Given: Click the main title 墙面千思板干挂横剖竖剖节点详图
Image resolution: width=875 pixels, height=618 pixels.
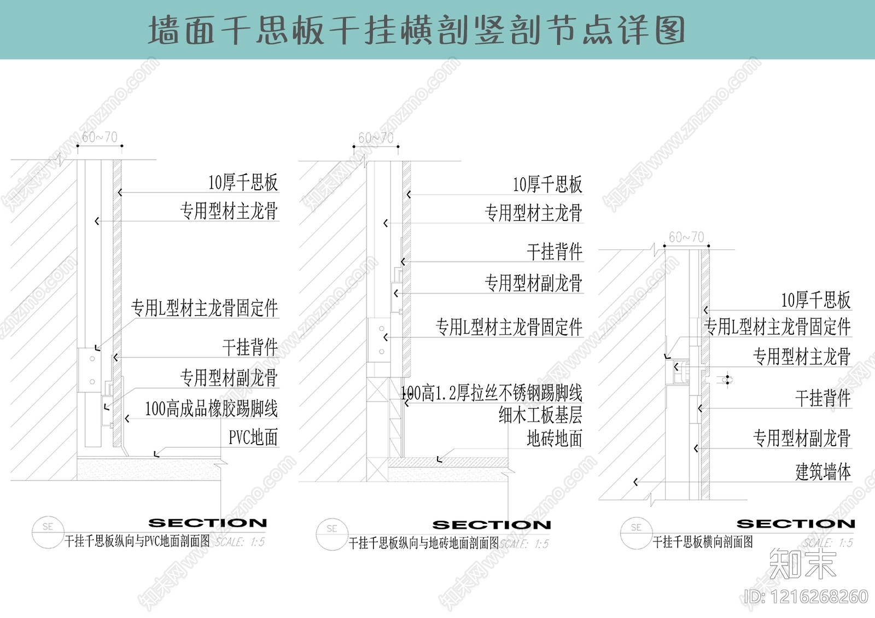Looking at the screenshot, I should [x=417, y=30].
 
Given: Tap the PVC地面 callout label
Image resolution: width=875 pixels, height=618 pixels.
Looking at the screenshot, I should [x=253, y=438].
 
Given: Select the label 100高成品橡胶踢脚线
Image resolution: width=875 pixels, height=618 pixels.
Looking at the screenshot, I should [x=211, y=409].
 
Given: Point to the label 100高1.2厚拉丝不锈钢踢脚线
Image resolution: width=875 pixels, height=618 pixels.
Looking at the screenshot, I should [x=492, y=393].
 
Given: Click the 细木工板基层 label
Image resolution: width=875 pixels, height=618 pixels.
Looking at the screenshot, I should [x=540, y=415].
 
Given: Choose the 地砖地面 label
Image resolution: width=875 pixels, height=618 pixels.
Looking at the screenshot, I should [x=554, y=439].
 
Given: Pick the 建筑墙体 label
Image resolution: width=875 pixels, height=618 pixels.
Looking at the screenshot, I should [x=823, y=471].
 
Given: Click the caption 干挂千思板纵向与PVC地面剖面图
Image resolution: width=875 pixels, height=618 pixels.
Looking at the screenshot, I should [x=137, y=541].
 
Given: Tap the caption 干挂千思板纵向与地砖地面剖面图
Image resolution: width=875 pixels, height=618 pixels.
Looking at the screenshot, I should [x=424, y=543].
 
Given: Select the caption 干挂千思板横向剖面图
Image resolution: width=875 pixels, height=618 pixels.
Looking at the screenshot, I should [x=703, y=542].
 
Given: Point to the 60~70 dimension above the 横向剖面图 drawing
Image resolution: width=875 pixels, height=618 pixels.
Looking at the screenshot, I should [x=686, y=237].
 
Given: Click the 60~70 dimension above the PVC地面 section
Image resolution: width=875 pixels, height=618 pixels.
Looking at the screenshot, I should [x=100, y=137].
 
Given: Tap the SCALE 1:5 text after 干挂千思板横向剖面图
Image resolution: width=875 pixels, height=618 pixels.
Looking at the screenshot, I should [x=828, y=543].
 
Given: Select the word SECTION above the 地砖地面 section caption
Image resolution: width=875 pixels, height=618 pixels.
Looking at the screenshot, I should [x=492, y=525].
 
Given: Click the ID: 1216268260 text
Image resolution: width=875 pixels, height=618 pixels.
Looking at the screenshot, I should [x=807, y=597].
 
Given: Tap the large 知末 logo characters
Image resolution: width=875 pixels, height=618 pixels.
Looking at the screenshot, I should [x=802, y=564].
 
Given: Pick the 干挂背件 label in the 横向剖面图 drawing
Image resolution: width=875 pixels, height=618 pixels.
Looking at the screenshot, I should [x=822, y=399].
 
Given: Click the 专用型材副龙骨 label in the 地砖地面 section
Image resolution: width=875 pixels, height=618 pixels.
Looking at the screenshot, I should [x=533, y=283].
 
